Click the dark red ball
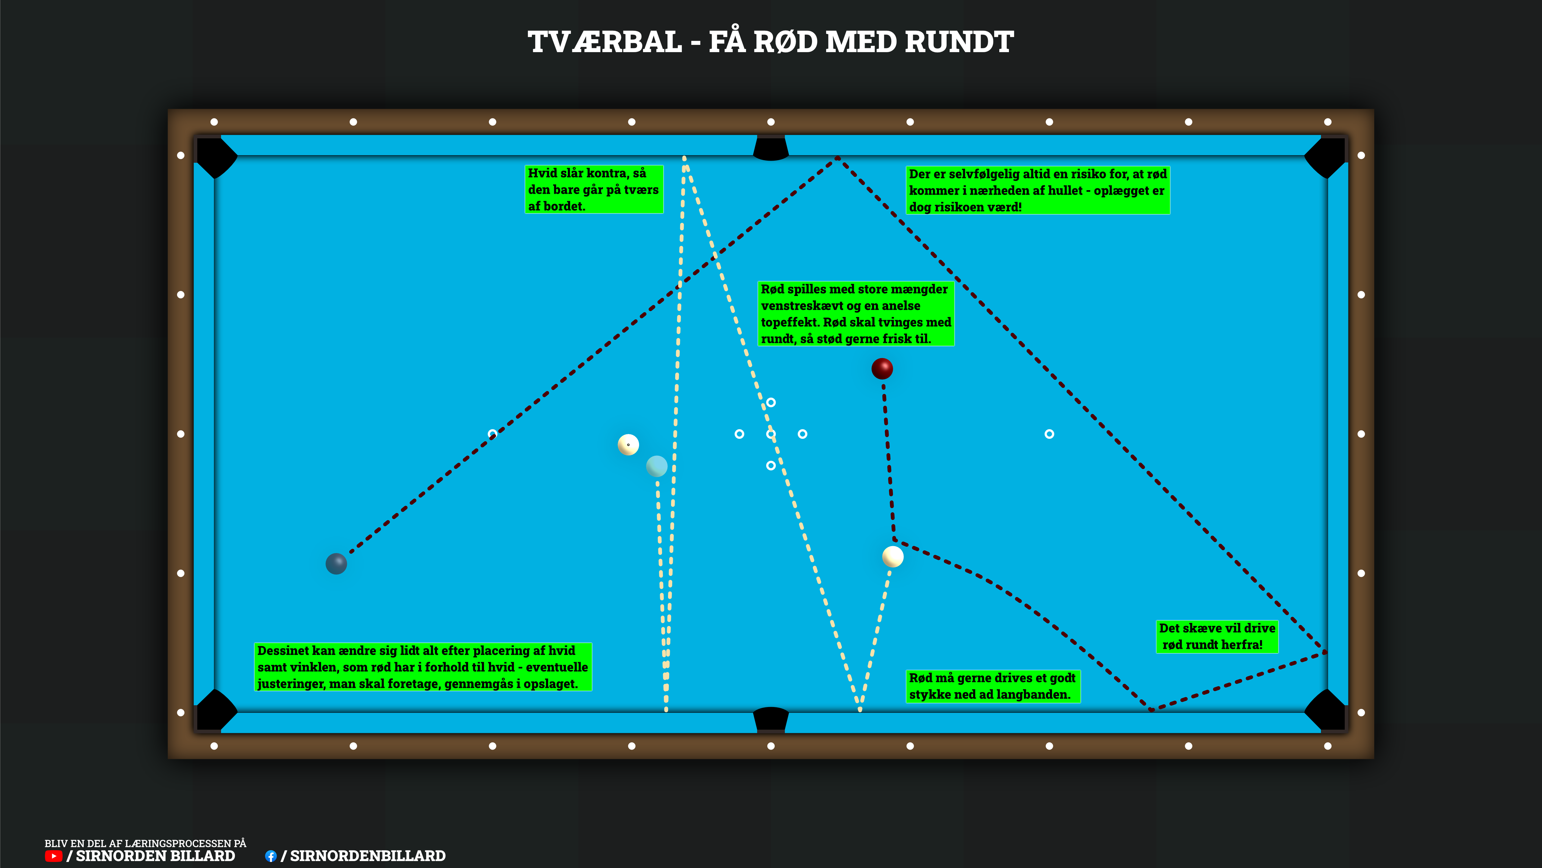[882, 368]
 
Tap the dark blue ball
[336, 564]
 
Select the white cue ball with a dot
[628, 445]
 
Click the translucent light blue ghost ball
[657, 466]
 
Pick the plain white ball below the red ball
[892, 556]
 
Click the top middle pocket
[770, 149]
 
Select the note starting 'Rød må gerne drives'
[992, 686]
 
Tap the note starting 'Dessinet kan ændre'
[423, 667]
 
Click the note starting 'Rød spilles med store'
[855, 313]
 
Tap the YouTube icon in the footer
[53, 856]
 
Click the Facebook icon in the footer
[270, 856]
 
